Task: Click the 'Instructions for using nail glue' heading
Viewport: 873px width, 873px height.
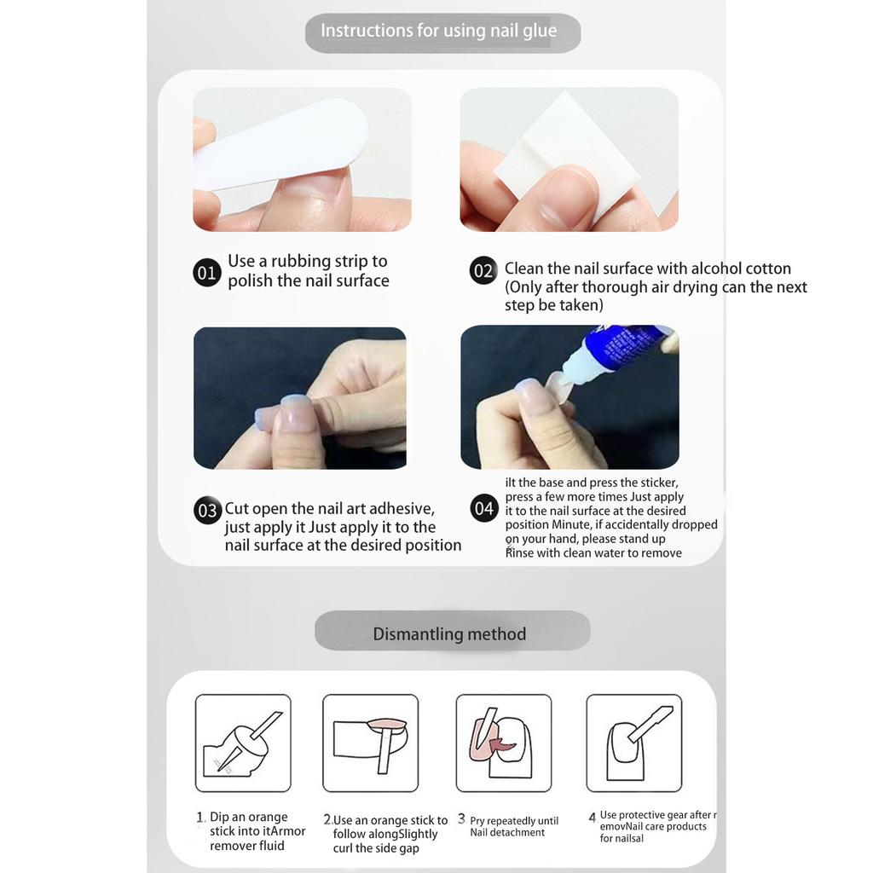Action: coord(438,32)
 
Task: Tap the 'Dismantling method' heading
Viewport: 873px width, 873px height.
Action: coord(449,634)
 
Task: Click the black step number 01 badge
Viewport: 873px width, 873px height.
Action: coord(207,273)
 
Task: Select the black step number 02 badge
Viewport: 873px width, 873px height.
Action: coord(483,271)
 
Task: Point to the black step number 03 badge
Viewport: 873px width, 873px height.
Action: coord(207,511)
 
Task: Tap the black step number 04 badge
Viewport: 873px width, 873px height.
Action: coord(483,509)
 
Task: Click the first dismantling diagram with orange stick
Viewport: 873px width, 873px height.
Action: coord(243,743)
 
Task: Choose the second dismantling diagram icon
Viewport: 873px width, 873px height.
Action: coord(370,743)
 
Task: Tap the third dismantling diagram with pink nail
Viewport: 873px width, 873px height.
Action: coord(504,743)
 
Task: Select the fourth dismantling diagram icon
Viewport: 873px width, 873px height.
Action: coord(634,743)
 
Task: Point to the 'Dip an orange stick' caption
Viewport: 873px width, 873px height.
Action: coord(248,818)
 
